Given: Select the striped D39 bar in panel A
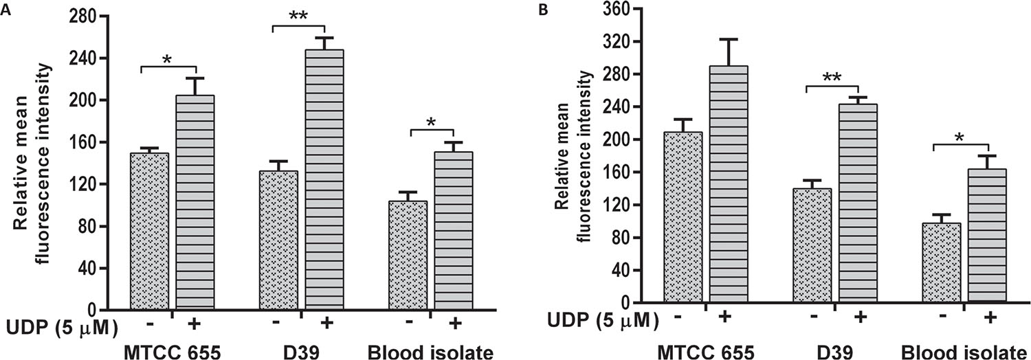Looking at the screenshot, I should (x=324, y=179).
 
